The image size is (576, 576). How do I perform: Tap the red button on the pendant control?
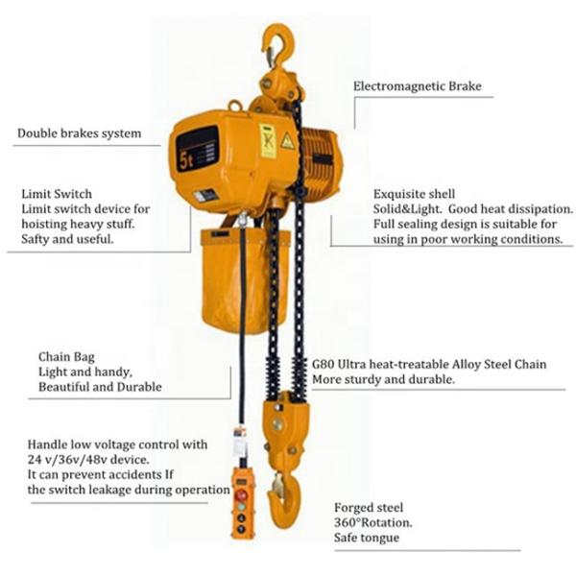click(x=241, y=495)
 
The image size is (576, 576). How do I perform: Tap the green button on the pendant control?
click(x=241, y=507)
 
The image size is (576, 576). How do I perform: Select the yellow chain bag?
click(x=244, y=281)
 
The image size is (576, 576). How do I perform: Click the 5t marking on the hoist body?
click(x=186, y=160)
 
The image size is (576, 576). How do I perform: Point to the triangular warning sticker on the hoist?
click(x=288, y=141)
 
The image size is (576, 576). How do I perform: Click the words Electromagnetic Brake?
click(x=418, y=86)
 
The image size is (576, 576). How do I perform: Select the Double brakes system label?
click(x=80, y=133)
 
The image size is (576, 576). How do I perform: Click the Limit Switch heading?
click(x=57, y=194)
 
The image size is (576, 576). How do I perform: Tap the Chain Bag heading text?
click(x=66, y=357)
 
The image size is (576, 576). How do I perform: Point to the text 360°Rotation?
click(x=372, y=522)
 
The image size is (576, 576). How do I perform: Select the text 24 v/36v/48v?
click(x=67, y=460)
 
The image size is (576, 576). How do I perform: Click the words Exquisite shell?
click(x=414, y=194)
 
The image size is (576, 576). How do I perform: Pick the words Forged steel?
click(x=369, y=508)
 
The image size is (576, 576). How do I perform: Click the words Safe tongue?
click(x=367, y=538)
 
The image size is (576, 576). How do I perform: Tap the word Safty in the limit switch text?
click(x=36, y=239)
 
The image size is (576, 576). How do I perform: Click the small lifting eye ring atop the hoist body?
click(x=235, y=106)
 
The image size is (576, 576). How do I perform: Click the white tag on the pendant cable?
click(x=239, y=442)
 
